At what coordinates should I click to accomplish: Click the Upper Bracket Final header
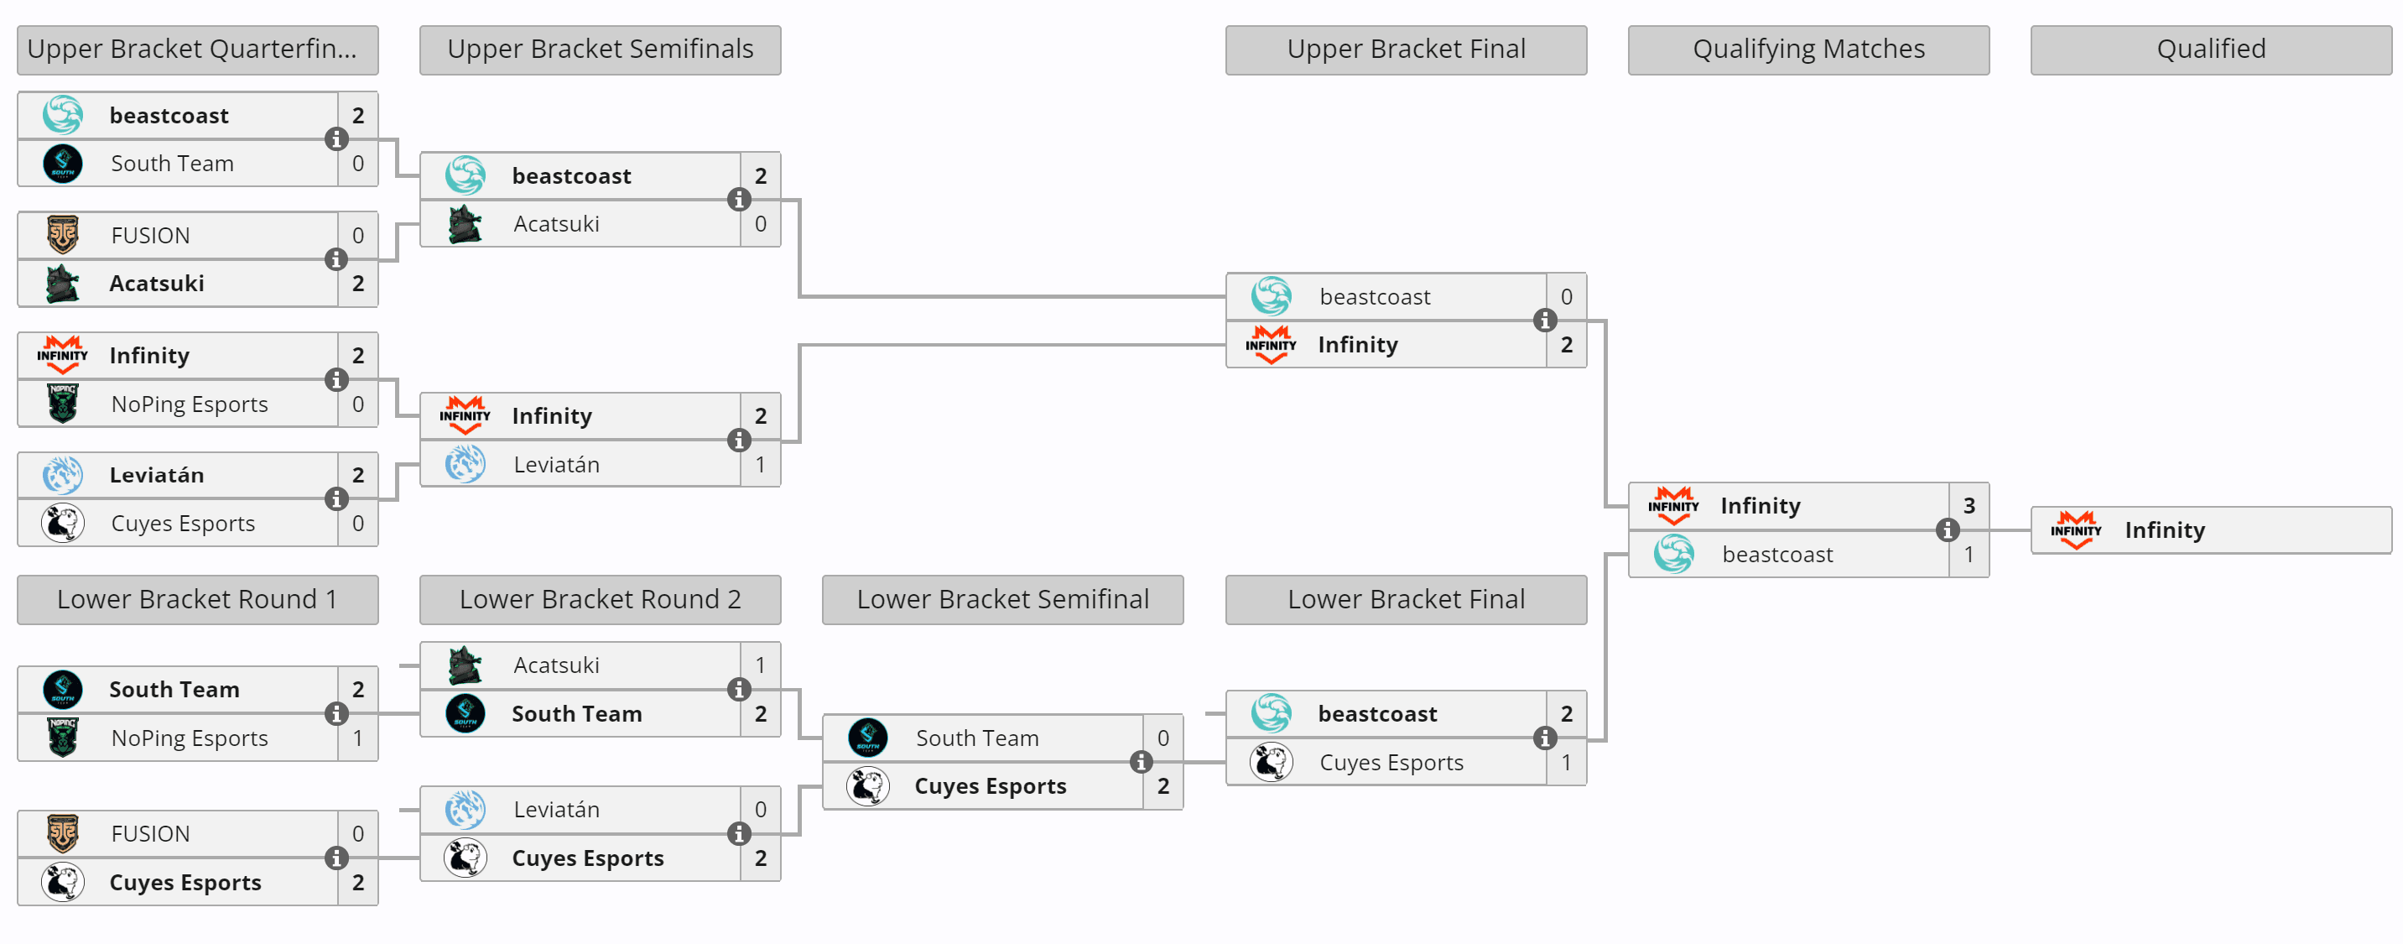1405,50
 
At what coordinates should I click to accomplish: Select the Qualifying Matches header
1807,50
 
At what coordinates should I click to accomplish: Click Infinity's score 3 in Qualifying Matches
1969,506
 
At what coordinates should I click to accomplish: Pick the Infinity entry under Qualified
2164,529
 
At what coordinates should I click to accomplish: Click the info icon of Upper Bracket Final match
1545,321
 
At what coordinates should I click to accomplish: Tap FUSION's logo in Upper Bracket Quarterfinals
63,235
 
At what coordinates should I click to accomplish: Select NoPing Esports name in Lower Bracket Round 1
190,738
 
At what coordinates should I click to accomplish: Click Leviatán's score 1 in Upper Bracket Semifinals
760,465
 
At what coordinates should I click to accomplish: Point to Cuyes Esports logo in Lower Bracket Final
1271,762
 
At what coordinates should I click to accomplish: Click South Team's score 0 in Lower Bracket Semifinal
1162,738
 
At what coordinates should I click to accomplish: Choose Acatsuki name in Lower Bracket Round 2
556,665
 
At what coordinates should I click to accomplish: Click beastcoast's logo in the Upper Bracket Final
1271,297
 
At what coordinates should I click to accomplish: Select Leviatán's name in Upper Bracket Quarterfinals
157,475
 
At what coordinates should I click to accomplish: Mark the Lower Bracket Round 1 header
197,600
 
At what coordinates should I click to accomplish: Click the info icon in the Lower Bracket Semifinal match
1141,762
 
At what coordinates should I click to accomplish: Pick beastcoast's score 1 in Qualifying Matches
1969,554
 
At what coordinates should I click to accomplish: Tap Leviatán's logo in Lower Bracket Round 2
465,810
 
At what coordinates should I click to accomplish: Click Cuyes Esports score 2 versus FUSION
357,883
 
